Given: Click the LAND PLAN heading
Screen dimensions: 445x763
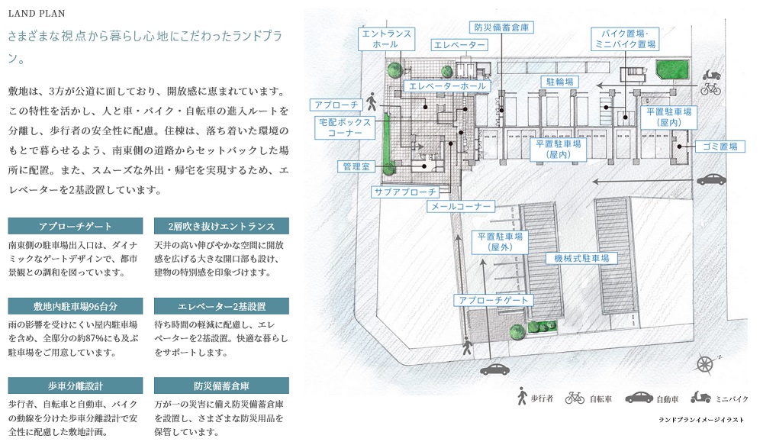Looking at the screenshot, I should click(36, 13).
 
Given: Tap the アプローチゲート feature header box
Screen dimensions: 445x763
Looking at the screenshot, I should click(76, 226).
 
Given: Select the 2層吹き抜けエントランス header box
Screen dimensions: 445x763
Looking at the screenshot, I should click(221, 226).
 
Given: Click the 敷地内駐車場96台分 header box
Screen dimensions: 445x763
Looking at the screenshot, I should click(76, 306).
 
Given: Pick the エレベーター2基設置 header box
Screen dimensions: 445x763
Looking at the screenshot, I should click(221, 306).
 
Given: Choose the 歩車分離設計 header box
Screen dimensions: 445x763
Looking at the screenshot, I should click(76, 385).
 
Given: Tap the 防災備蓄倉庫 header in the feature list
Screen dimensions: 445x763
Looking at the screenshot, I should click(221, 385).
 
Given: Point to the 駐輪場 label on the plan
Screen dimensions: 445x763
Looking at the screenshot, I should click(559, 81).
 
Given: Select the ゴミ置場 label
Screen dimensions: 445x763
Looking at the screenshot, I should click(718, 146).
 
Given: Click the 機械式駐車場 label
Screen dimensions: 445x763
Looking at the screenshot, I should click(585, 259).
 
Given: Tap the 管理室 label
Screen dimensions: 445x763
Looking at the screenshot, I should click(355, 165).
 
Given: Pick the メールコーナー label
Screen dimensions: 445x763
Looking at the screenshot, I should click(462, 206).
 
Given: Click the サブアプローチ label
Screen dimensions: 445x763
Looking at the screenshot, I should click(406, 192).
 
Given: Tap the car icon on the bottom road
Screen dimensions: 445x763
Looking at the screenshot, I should click(495, 369).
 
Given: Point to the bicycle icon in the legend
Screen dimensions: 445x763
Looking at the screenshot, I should click(575, 398).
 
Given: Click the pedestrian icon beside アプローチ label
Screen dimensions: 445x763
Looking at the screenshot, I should click(372, 101).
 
